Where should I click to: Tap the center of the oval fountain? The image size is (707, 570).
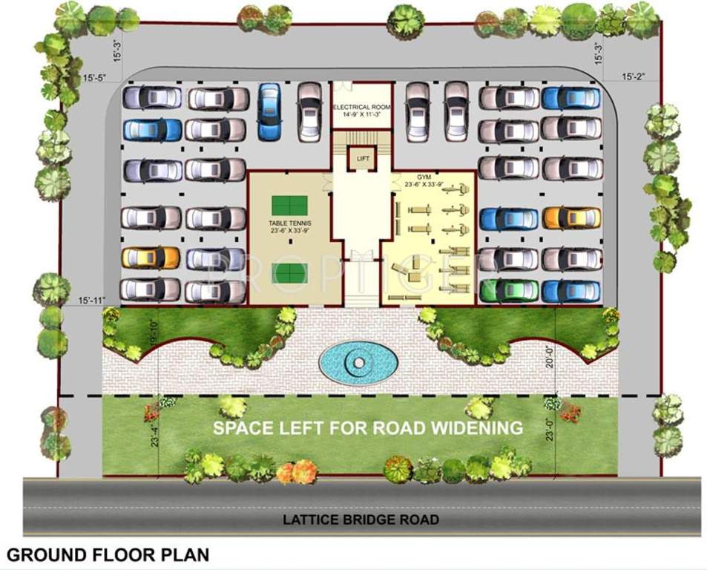(x=358, y=362)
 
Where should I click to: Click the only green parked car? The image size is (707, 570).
(x=508, y=290)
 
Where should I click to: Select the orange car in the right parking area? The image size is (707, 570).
(x=571, y=217)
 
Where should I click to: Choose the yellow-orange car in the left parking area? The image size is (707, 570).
(x=151, y=258)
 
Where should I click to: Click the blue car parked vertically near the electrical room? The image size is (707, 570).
(x=269, y=111)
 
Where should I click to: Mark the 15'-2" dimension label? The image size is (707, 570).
(x=636, y=76)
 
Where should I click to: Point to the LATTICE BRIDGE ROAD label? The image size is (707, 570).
(x=361, y=520)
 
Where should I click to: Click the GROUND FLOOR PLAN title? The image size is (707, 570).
(x=108, y=554)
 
